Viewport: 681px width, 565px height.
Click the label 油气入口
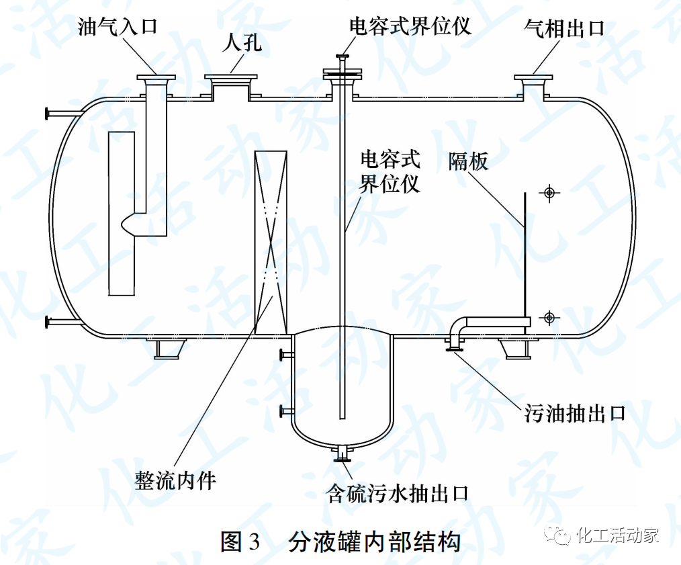(x=118, y=28)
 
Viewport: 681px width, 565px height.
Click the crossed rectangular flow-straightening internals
(x=271, y=242)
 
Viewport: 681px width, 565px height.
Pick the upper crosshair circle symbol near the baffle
(x=549, y=193)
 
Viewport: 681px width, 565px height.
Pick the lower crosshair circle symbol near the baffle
(x=549, y=317)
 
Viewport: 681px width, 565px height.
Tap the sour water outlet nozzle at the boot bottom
(x=344, y=455)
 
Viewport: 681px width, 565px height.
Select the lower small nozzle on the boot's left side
(x=285, y=410)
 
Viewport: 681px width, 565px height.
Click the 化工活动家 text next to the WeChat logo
(x=617, y=535)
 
